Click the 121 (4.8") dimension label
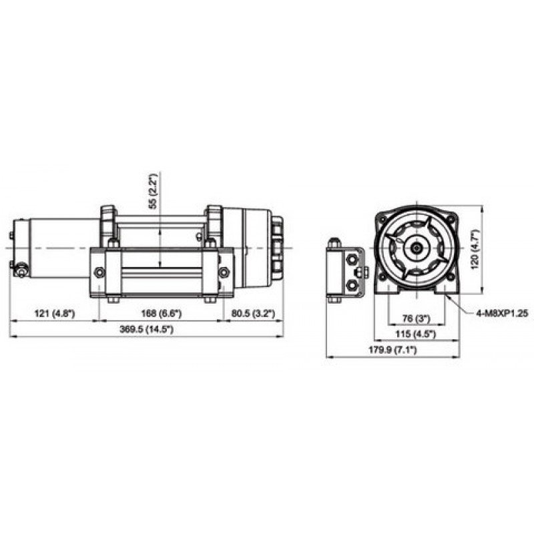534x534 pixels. click(x=55, y=313)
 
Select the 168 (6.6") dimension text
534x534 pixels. click(x=161, y=313)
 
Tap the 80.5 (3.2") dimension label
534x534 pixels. click(x=253, y=313)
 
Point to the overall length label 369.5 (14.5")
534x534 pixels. click(x=146, y=329)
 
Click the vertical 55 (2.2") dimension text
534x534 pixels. click(x=154, y=191)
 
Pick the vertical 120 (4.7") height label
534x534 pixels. click(x=475, y=250)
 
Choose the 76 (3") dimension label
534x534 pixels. click(x=416, y=319)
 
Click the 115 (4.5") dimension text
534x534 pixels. click(x=415, y=334)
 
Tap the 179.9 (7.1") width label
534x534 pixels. click(x=392, y=350)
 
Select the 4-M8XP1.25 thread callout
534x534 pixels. click(x=502, y=313)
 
